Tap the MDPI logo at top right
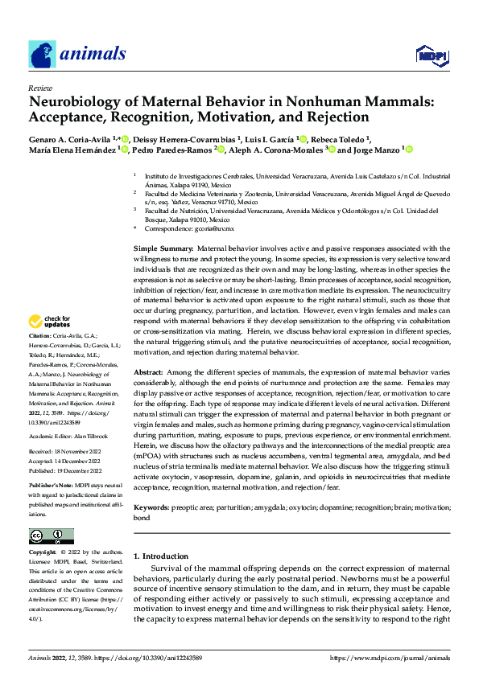pyautogui.click(x=431, y=55)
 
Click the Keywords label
pyautogui.click(x=151, y=508)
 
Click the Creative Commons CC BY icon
pyautogui.click(x=51, y=535)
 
